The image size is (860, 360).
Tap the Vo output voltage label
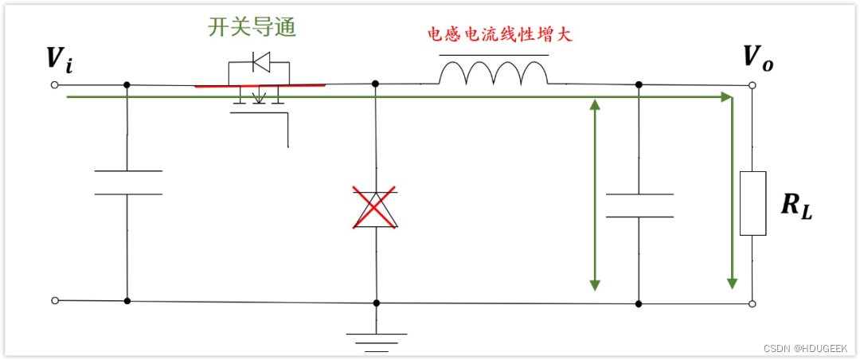(756, 57)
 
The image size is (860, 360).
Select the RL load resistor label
(797, 205)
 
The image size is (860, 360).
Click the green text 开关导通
(252, 27)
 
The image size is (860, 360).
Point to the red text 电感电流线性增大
(499, 36)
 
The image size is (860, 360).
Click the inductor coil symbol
(494, 73)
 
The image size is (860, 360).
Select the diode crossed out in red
(375, 208)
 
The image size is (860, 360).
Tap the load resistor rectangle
(752, 203)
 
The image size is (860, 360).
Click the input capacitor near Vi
(127, 182)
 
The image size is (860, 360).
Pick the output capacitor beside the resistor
(639, 205)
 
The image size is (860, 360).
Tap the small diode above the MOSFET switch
(260, 60)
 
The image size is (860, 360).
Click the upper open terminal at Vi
(54, 84)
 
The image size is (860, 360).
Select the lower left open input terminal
(54, 300)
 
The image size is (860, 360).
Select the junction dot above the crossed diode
(376, 83)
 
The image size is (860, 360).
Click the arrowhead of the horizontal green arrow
(726, 97)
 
